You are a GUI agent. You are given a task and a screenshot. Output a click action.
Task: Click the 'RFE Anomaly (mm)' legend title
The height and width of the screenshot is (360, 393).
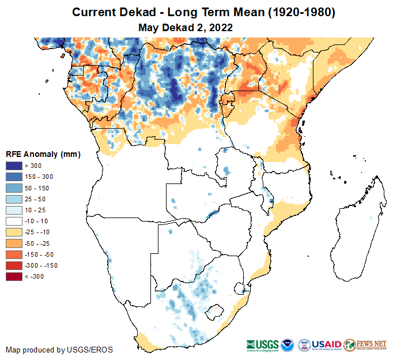point(43,154)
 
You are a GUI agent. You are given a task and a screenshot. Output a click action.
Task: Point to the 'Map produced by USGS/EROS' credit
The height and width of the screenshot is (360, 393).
point(59,350)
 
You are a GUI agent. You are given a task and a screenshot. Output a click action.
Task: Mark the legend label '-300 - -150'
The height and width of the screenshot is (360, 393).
point(41,265)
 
